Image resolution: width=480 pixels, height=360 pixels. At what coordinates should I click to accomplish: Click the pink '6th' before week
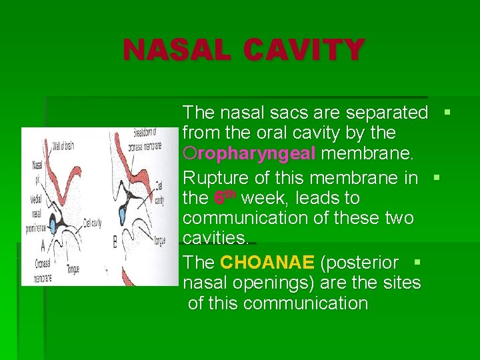click(x=225, y=198)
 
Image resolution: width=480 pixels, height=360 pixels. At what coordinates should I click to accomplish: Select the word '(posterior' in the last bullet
click(x=359, y=263)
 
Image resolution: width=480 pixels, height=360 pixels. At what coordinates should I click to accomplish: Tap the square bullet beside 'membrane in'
click(x=437, y=177)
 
